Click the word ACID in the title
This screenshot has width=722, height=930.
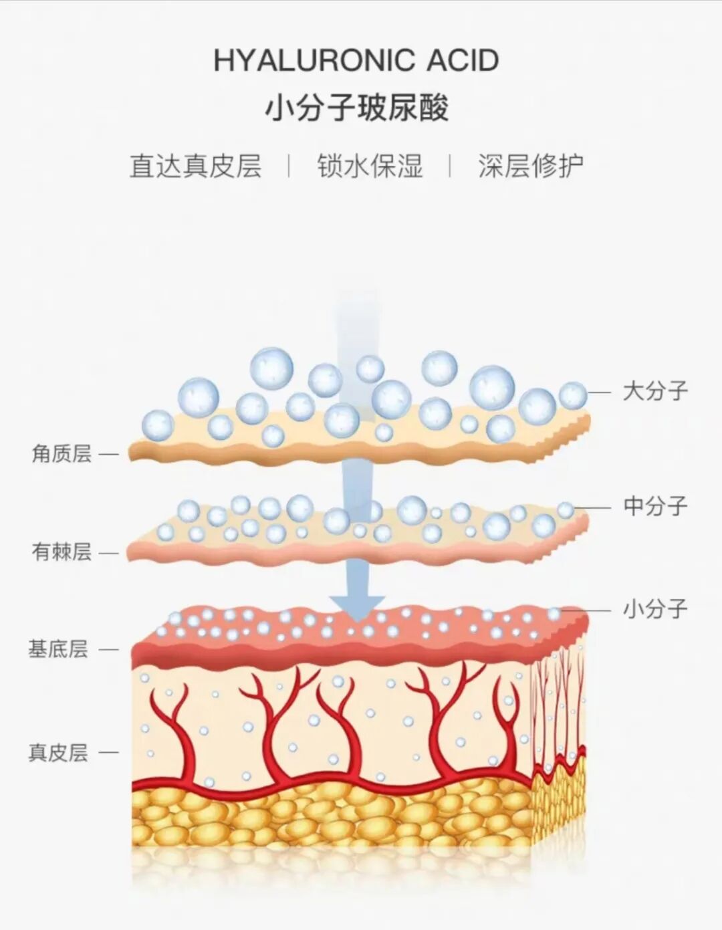pyautogui.click(x=463, y=61)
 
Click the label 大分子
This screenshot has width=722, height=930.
pyautogui.click(x=655, y=391)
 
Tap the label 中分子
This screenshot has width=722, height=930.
pyautogui.click(x=655, y=506)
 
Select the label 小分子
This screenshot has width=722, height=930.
pyautogui.click(x=655, y=609)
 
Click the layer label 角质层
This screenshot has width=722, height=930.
pyautogui.click(x=62, y=454)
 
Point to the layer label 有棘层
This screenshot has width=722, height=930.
pyautogui.click(x=62, y=552)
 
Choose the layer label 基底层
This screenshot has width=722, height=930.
pyautogui.click(x=58, y=649)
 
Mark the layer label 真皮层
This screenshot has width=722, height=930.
pyautogui.click(x=58, y=752)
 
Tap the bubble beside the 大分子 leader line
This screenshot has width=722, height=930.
pyautogui.click(x=573, y=396)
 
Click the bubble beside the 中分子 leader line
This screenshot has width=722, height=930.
pyautogui.click(x=566, y=510)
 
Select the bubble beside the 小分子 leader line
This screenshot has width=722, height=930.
pyautogui.click(x=554, y=613)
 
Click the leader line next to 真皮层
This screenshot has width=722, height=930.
pyautogui.click(x=108, y=753)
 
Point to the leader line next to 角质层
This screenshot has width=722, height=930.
pyautogui.click(x=108, y=455)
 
